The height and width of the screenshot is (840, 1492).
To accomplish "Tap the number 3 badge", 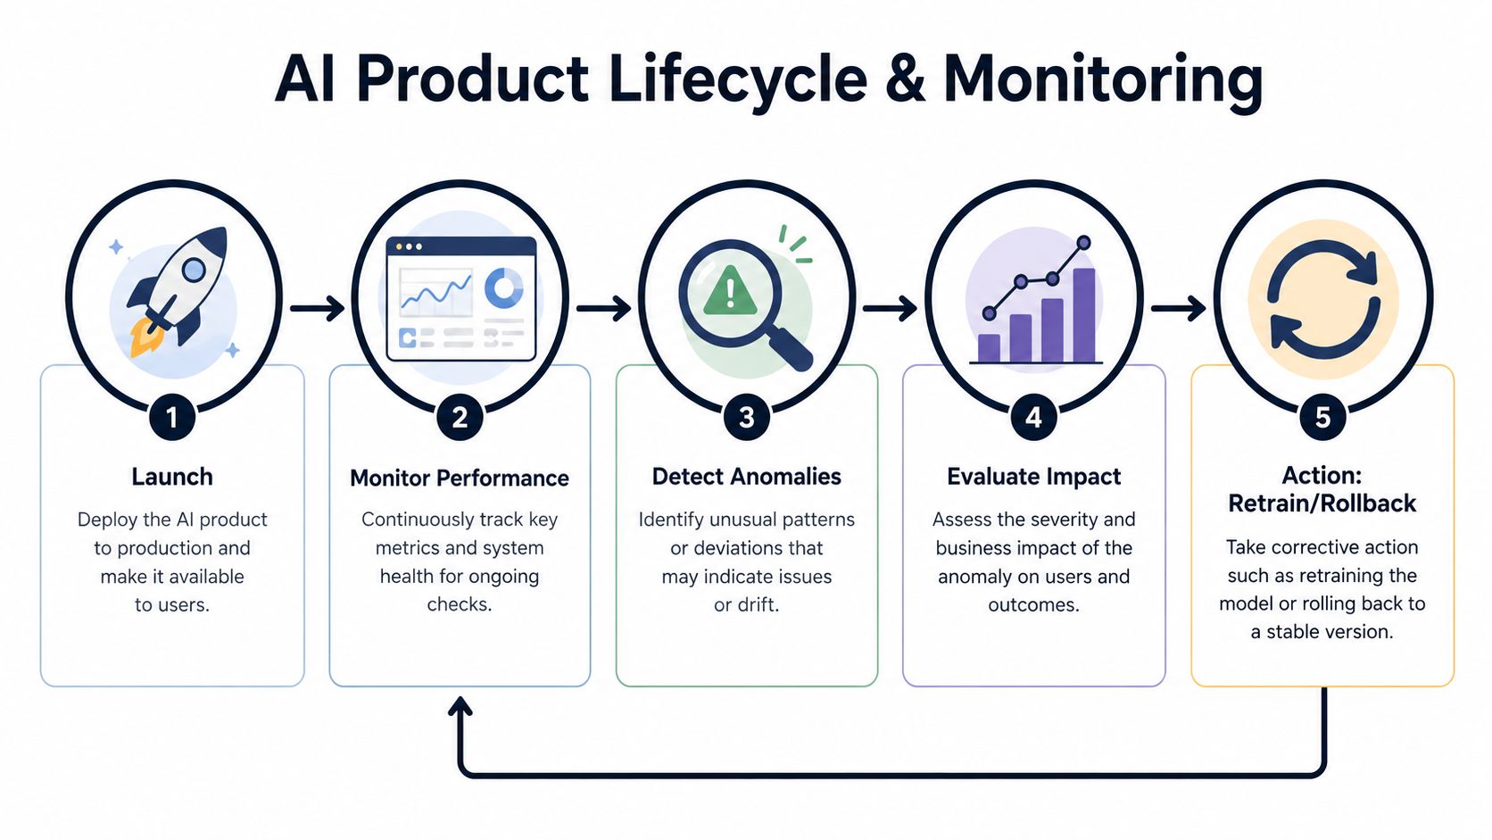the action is tap(747, 418).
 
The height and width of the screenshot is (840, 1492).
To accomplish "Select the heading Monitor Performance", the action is tap(460, 478).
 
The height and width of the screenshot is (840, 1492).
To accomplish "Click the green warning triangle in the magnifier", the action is tap(730, 290).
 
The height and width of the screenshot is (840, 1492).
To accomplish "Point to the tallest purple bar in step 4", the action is tap(1083, 315).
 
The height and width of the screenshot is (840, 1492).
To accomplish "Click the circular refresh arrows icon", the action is tap(1323, 299).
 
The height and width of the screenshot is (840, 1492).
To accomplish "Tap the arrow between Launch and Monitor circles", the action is tap(318, 309).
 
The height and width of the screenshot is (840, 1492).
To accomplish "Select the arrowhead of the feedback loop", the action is tap(460, 706).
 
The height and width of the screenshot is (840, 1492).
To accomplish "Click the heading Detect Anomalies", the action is tap(747, 477).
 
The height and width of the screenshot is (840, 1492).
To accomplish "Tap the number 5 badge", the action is tap(1322, 418).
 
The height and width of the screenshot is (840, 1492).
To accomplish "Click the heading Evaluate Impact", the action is tap(1033, 477).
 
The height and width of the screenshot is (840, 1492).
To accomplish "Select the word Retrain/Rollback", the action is tap(1322, 503).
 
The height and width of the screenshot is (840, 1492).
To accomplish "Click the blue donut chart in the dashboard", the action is tap(503, 287).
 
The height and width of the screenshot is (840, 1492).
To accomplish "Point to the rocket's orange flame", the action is tap(145, 337).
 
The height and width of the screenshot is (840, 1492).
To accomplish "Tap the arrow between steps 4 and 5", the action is tap(1178, 309).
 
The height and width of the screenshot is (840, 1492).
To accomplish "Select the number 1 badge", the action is tap(172, 418).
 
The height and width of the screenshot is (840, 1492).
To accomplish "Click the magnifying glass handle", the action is tap(790, 349).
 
